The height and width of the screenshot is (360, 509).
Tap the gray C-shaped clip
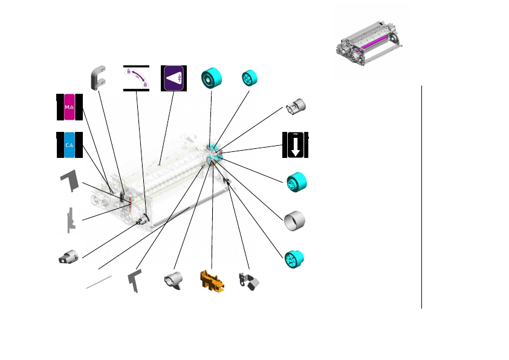point(99,78)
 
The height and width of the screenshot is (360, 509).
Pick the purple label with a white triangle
point(173,78)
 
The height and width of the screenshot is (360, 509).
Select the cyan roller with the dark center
point(212,78)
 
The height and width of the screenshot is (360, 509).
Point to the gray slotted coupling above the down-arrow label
point(296,108)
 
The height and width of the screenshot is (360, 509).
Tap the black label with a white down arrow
point(295,145)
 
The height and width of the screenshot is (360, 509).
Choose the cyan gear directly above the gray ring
point(296,182)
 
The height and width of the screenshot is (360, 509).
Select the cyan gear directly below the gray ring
point(295,258)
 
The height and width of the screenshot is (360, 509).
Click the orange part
point(212,281)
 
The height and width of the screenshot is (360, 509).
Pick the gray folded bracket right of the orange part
point(249,281)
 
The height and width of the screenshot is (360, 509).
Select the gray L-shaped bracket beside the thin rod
point(135,281)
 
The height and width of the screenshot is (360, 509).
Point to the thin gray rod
point(99,281)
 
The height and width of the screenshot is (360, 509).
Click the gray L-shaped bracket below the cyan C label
point(71,180)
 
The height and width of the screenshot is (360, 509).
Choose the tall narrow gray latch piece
point(71,219)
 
